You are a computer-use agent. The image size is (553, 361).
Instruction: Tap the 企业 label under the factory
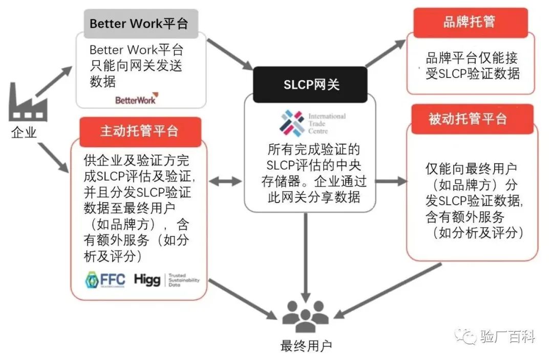coord(24,133)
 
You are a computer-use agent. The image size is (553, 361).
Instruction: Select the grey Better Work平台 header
coord(139,24)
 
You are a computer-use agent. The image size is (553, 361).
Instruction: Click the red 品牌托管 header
coord(470,23)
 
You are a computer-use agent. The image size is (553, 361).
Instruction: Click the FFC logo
coord(105,280)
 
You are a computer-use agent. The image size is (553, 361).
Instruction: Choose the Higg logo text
coord(147,280)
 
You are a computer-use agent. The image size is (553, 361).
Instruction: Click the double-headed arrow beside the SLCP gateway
coord(225,181)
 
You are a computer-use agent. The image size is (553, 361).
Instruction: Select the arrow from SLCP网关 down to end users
coord(306,256)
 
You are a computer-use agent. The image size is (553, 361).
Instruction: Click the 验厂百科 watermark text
coord(507,337)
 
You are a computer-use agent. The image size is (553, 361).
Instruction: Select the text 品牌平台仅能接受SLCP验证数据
coord(472,66)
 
